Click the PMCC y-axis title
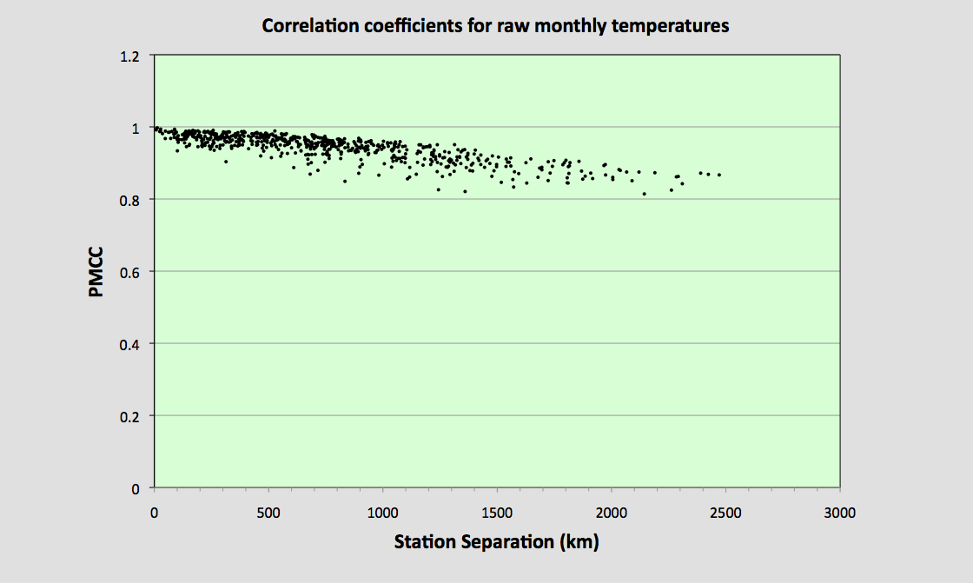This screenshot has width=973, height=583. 96,272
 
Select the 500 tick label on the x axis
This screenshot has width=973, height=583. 268,513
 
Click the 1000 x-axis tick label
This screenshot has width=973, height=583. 382,513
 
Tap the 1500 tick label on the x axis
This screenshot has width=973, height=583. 497,513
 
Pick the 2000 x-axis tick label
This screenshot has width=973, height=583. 612,513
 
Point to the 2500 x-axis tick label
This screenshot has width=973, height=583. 725,513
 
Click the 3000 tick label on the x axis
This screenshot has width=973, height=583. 840,513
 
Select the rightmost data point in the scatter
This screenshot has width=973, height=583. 719,175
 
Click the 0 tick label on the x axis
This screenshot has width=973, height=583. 154,513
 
